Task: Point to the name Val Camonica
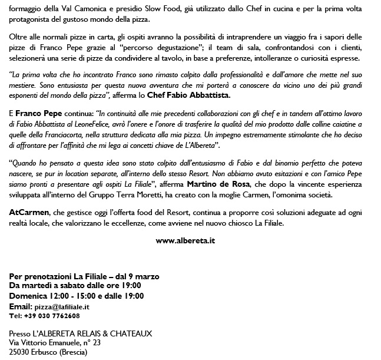point(74,10)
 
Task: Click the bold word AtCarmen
point(28,212)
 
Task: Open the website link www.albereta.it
point(185,240)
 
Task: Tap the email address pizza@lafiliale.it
point(62,307)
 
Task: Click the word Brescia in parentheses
point(72,352)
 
